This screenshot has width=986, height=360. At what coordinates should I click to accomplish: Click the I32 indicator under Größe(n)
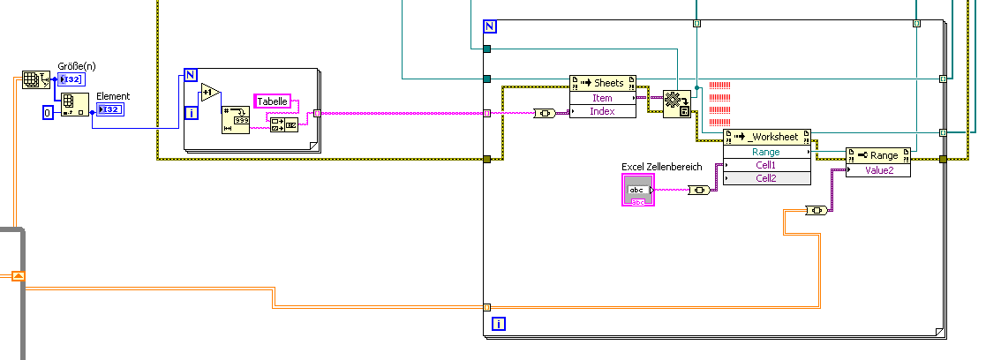71,80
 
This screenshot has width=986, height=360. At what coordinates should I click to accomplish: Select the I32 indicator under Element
109,109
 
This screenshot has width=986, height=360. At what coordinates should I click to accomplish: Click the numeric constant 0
49,113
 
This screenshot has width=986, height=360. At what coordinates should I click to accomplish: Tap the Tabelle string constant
272,101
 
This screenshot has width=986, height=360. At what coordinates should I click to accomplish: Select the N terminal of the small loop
191,74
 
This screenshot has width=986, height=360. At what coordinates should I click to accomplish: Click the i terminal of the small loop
192,112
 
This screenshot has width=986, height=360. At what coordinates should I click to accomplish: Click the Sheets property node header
602,83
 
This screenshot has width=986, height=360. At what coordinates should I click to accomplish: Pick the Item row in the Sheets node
602,98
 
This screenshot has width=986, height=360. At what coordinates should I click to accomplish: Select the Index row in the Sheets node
602,111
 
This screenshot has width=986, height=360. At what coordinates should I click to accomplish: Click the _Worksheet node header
765,137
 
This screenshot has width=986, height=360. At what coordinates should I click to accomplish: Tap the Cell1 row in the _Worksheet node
765,165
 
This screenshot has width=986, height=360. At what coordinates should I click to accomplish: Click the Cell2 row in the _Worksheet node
765,178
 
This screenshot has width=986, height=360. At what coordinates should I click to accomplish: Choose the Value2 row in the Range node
877,170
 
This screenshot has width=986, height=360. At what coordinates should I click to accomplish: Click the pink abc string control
637,190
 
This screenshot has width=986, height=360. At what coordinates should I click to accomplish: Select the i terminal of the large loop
500,324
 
